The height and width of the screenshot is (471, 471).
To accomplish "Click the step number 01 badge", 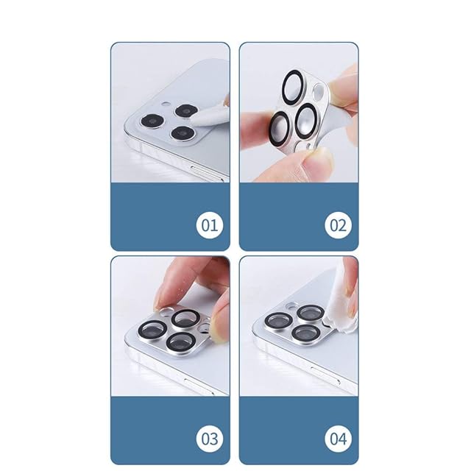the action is coord(210,225).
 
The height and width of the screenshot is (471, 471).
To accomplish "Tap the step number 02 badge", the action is coord(339,225).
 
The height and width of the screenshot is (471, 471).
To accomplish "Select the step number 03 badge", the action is coord(210,439).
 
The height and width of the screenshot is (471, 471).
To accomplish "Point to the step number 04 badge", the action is coord(339,439).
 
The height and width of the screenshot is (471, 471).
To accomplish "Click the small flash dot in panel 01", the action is coord(166,105).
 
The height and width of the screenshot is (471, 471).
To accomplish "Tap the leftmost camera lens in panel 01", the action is coord(152,121).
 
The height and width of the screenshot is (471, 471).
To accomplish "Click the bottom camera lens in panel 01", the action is coord(183,132).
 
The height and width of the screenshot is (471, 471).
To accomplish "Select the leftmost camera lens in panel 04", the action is coord(278,322).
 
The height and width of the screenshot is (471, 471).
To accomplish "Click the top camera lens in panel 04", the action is coord(311,314).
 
